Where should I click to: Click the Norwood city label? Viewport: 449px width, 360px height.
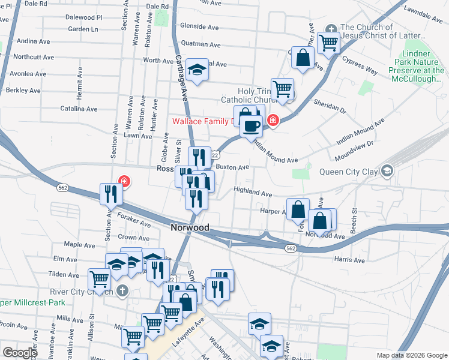(x=189, y=228)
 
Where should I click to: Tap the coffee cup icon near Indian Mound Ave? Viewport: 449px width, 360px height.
(x=251, y=127)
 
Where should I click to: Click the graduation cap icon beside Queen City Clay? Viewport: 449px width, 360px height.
(x=388, y=171)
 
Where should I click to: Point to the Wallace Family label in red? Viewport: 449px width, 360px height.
(x=202, y=121)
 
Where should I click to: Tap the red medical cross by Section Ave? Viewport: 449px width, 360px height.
(x=124, y=180)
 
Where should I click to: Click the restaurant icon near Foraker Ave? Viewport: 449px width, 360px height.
(x=111, y=193)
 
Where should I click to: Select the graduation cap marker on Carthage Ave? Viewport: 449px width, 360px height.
(x=196, y=71)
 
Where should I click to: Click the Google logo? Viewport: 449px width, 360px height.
(x=20, y=352)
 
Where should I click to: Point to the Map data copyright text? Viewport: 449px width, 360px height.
(x=411, y=355)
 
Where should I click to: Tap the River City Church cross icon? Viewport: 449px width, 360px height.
(x=122, y=292)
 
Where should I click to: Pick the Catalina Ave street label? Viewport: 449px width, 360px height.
(x=79, y=109)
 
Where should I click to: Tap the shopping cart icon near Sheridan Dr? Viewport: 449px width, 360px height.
(x=282, y=89)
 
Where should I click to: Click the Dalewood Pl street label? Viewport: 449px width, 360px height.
(x=84, y=18)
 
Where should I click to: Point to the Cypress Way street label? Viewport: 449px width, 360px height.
(x=360, y=65)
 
